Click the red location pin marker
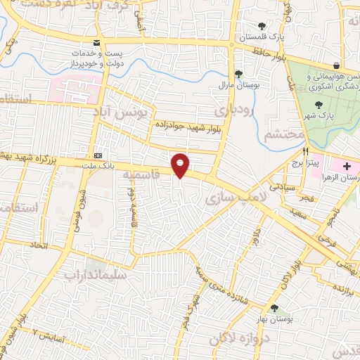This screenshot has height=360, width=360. [x=181, y=165]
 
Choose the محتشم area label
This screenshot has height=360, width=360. [x=285, y=134]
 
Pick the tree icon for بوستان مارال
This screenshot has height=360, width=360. [x=238, y=73]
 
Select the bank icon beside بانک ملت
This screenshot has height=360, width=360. [x=98, y=155]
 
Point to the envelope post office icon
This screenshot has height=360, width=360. [x=96, y=43]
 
